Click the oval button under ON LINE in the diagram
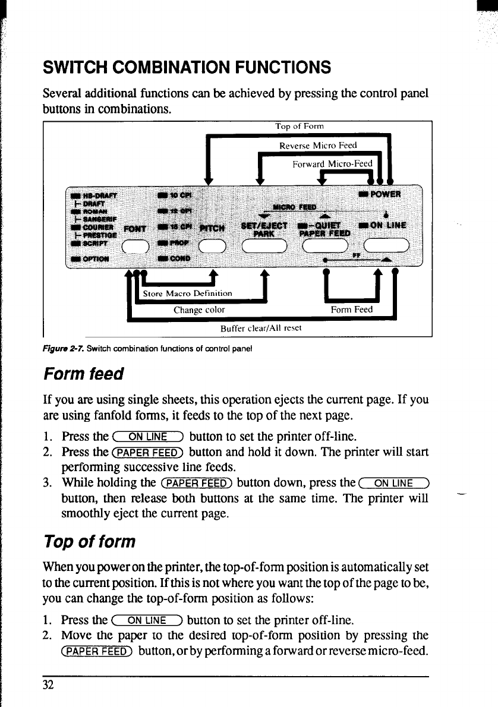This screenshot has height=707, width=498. tap(386, 245)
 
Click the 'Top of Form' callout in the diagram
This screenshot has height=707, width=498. tap(299, 126)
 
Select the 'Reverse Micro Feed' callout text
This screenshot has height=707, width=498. tap(318, 145)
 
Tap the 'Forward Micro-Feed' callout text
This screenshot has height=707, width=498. tap(332, 164)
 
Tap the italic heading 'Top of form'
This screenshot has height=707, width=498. tap(90, 542)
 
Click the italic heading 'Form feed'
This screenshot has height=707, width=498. tap(83, 374)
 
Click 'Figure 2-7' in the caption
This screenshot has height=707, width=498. tap(59, 349)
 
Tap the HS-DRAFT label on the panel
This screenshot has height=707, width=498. tap(97, 194)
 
